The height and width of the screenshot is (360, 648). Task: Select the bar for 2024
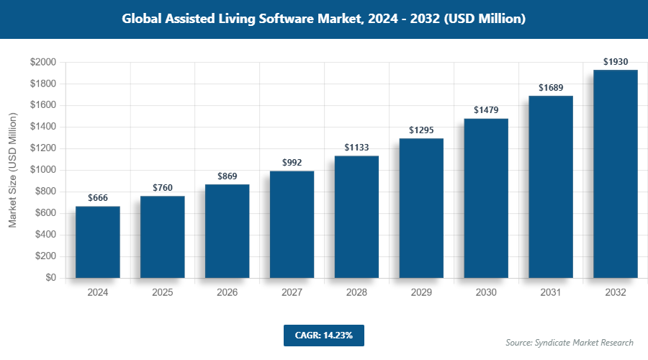(x=98, y=242)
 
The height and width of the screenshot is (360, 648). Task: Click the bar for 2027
(x=292, y=224)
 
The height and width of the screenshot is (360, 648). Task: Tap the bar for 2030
(x=486, y=198)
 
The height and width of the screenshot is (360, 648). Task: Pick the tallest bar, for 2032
(x=616, y=174)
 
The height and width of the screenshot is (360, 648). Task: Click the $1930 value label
(x=616, y=62)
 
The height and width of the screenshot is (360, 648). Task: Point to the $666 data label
(x=98, y=198)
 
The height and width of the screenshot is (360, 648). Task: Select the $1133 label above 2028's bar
(x=356, y=148)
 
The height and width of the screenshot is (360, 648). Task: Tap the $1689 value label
(x=551, y=88)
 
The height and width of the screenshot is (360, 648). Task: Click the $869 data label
(x=228, y=176)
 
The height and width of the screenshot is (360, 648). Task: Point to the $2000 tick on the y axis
(x=43, y=63)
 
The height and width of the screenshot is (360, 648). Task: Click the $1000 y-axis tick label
(x=43, y=171)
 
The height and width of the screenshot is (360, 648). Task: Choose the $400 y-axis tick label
(x=45, y=235)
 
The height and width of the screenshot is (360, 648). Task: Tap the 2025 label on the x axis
(x=163, y=293)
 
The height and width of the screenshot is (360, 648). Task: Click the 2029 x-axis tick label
(x=421, y=293)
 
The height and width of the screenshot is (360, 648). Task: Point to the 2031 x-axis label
(x=551, y=293)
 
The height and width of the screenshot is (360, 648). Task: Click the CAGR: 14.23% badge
(x=324, y=335)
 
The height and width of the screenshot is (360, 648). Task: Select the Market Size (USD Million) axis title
(x=12, y=170)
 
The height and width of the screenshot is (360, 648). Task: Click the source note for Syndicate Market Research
(x=569, y=343)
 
